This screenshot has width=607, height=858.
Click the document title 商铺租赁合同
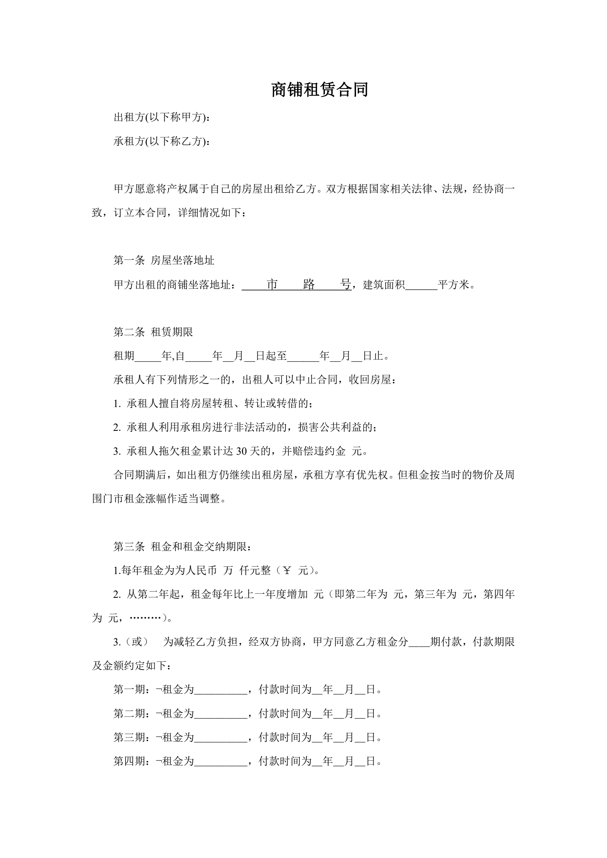pos(320,90)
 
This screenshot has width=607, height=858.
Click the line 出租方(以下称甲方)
pos(162,117)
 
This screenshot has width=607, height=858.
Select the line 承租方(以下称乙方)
pos(162,141)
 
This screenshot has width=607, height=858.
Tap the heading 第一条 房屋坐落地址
pos(164,260)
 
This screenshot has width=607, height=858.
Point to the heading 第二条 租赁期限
pos(153,332)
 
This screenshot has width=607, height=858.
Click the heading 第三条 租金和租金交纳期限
pos(182,547)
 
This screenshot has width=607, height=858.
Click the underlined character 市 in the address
pos(272,284)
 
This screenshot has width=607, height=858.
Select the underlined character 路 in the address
pos(309,284)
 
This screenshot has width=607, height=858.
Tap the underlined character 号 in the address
pos(346,284)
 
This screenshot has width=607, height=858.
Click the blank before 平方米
pos(421,286)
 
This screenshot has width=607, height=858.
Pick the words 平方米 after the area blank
pos(453,285)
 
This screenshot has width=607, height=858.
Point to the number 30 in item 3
pos(241,451)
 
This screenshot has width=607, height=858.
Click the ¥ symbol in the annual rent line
pos(287,571)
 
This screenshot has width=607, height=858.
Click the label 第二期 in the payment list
pos(129,713)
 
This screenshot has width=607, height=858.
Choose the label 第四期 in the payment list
pos(129,761)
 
